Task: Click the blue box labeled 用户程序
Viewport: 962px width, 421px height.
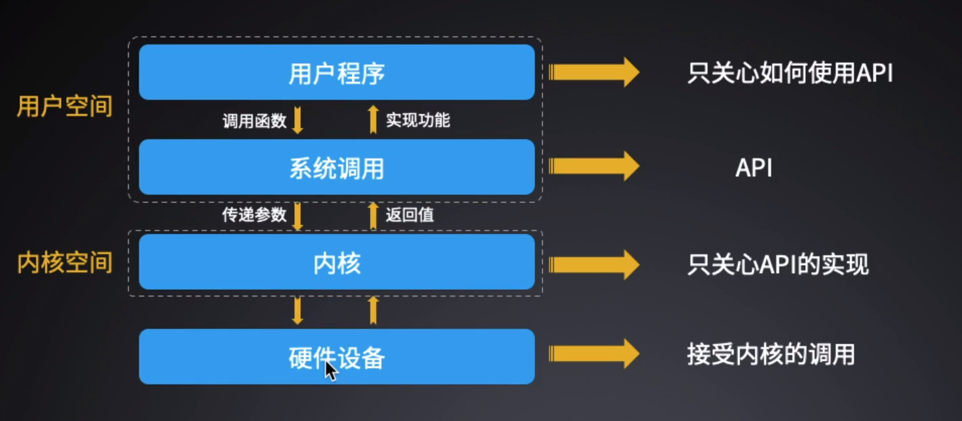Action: [x=337, y=72]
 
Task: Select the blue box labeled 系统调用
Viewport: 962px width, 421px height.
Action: [x=337, y=167]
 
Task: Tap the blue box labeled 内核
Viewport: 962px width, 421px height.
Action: [x=337, y=262]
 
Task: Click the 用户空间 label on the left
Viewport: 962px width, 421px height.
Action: [x=65, y=106]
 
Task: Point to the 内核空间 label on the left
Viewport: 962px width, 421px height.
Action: [x=65, y=263]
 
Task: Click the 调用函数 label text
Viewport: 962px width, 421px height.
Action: [x=254, y=121]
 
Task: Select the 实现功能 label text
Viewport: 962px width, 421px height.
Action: [x=418, y=120]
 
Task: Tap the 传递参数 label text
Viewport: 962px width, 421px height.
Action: [x=254, y=215]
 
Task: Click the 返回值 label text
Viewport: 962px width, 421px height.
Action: [x=410, y=215]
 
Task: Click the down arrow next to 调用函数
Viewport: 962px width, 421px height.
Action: [x=298, y=120]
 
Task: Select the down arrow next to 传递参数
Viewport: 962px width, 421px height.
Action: [x=298, y=215]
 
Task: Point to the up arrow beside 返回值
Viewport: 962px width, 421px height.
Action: [x=374, y=215]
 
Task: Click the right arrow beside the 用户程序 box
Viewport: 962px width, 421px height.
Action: [x=593, y=72]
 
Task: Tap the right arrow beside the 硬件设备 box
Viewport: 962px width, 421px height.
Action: [x=593, y=354]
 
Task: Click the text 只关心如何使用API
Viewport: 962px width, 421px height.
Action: [x=790, y=73]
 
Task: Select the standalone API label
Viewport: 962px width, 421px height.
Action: [x=753, y=167]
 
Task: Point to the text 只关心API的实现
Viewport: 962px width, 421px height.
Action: [x=778, y=264]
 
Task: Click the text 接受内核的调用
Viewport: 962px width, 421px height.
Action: [x=771, y=354]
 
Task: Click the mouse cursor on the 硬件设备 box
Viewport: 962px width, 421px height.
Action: [x=331, y=371]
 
